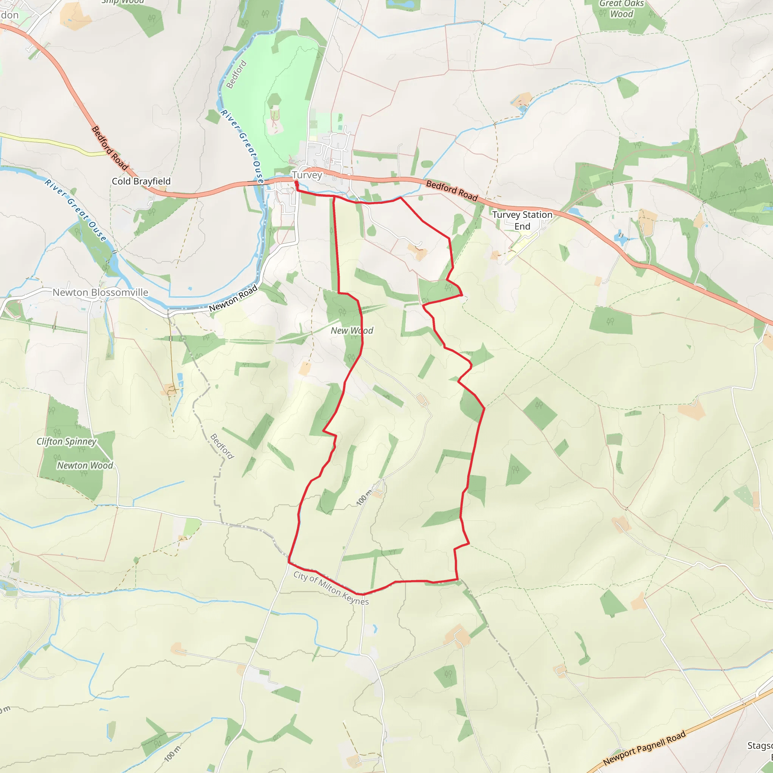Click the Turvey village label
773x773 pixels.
(x=307, y=175)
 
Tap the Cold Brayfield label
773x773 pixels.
(x=141, y=181)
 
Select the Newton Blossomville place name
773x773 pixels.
(x=100, y=293)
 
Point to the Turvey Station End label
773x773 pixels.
(x=522, y=220)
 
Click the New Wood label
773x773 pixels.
(x=352, y=331)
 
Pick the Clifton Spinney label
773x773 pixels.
(x=66, y=441)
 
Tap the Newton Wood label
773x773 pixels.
(x=85, y=465)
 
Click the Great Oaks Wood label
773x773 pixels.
(x=621, y=9)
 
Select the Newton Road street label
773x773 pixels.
(x=233, y=298)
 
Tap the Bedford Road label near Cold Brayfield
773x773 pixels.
(x=109, y=148)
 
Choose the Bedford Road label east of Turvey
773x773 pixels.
(x=452, y=191)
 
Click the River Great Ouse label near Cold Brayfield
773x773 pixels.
(x=76, y=211)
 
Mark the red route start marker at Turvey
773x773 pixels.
(x=296, y=184)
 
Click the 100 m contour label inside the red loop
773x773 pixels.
(x=364, y=497)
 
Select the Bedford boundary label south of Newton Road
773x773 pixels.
(x=222, y=446)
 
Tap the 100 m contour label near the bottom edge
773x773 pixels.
(x=172, y=753)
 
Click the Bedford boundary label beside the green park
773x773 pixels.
(x=236, y=74)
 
